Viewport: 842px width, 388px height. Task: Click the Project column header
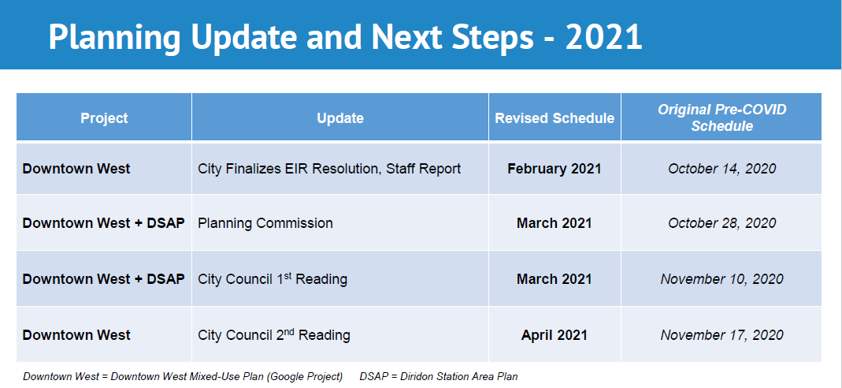104,118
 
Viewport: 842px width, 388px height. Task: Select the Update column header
340,118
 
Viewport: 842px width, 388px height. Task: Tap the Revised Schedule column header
555,118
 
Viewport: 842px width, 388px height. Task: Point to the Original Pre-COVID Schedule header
721,118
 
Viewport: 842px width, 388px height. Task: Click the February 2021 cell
555,169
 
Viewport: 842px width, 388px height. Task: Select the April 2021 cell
555,335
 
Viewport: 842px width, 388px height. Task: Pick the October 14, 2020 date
721,169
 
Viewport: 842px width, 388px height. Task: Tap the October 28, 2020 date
721,223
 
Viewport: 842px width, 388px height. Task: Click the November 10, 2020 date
721,279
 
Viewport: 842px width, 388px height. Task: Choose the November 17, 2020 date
721,335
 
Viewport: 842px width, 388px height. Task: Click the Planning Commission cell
265,223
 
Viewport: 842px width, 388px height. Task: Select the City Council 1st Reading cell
273,279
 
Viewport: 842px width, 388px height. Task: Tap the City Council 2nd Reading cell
274,335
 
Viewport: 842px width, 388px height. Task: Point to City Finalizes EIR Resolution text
329,169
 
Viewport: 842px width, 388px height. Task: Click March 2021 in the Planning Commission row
555,223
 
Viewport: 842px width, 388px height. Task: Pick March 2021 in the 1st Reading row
555,279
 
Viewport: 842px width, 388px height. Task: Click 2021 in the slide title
603,37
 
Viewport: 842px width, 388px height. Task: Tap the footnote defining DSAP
439,376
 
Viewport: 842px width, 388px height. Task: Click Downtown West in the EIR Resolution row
76,169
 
